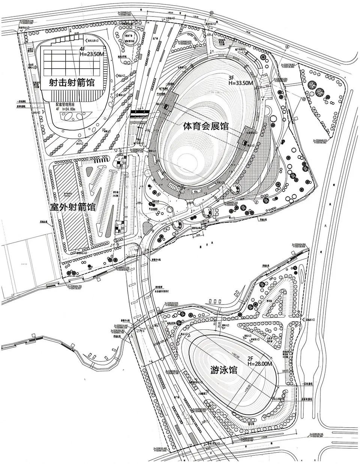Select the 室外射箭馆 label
pos(72,207)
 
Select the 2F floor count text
pos(250,358)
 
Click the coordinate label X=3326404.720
pos(78,286)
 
